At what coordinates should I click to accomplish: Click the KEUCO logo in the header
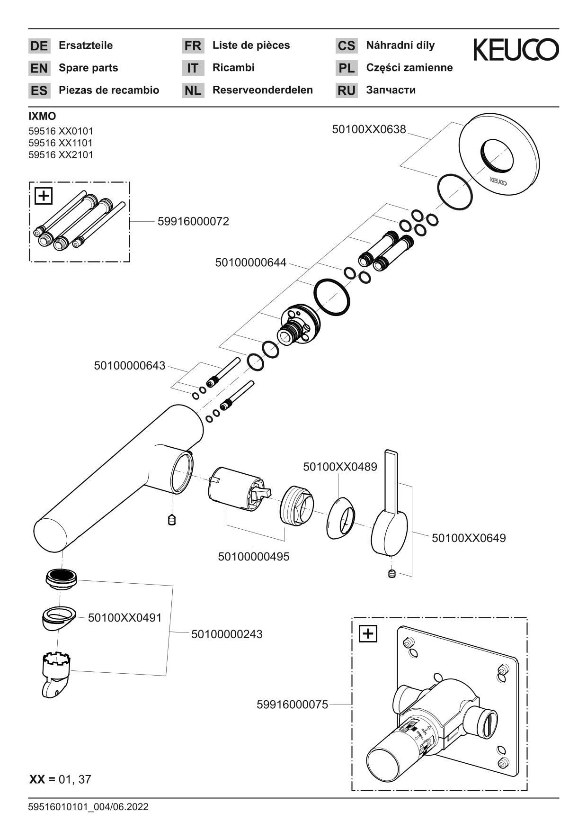(516, 49)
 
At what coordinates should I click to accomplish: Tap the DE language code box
(39, 46)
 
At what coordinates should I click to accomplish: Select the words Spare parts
(88, 68)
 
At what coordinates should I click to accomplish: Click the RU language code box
(347, 90)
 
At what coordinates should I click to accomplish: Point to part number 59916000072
(193, 221)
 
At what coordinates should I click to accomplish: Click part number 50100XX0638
(369, 129)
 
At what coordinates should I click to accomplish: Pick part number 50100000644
(250, 262)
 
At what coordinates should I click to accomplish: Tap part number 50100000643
(130, 365)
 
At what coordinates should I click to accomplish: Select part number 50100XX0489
(340, 467)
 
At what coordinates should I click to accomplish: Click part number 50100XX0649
(468, 538)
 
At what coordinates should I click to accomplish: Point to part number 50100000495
(254, 556)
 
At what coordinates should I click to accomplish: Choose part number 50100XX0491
(125, 617)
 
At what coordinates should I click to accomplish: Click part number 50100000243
(227, 633)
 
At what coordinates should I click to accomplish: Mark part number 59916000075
(292, 705)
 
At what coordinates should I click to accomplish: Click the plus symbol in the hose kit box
(44, 196)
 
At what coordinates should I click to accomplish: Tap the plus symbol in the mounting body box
(368, 633)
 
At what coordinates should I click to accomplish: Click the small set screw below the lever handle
(391, 574)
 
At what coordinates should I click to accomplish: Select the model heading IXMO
(42, 116)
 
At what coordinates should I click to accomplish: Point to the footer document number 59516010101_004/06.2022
(88, 807)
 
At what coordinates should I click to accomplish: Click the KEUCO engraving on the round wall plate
(498, 181)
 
